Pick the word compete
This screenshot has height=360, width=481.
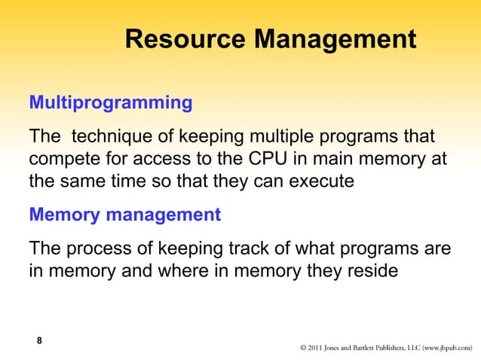pyautogui.click(x=64, y=160)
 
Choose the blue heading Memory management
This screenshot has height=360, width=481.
pyautogui.click(x=124, y=216)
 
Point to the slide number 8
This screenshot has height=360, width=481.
pyautogui.click(x=39, y=341)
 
